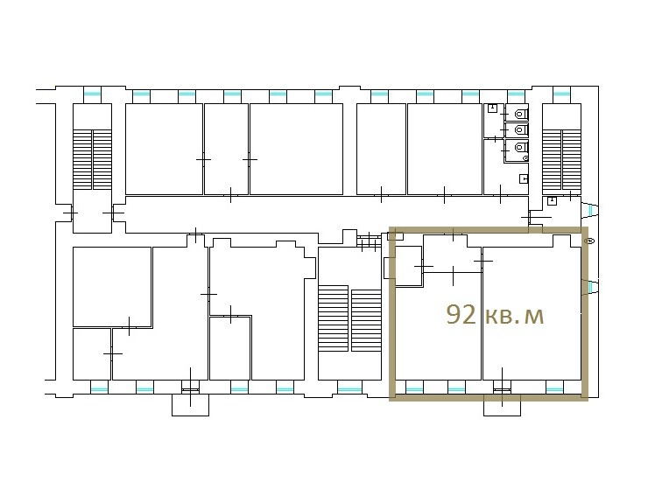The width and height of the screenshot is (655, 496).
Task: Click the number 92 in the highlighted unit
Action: coord(461,315)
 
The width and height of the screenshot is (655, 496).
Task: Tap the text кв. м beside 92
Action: coord(514,316)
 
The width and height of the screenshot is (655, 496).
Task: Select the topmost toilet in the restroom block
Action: coord(520,114)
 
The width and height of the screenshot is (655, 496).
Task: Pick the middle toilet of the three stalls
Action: coord(520,130)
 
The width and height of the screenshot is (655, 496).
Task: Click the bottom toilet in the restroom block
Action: coord(520,147)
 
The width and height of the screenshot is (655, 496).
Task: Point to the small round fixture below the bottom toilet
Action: coord(525,158)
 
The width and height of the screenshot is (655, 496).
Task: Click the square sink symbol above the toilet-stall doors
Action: coord(492,108)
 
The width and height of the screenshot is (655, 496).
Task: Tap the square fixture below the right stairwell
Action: coord(552,200)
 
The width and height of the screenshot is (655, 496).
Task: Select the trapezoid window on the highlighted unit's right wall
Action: coord(591,287)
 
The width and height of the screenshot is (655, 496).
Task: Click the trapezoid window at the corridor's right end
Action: coord(590,210)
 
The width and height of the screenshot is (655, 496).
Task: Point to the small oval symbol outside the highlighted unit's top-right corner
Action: coord(590,241)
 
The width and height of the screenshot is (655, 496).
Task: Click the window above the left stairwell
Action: coord(92,94)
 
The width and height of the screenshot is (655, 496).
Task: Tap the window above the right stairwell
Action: coord(561,94)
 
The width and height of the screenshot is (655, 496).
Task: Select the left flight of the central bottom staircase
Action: coord(333,318)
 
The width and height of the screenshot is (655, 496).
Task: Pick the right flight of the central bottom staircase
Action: coord(366,320)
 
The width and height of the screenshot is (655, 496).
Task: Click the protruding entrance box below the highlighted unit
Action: coord(502,405)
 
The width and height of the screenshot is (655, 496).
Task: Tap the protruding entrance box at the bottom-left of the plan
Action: coord(191,405)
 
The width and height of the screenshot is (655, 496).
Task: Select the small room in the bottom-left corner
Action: coord(92,354)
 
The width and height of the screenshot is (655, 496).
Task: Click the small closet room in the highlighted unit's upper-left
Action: coord(408,266)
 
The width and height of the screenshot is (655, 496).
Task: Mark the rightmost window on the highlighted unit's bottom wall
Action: coord(555,390)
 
